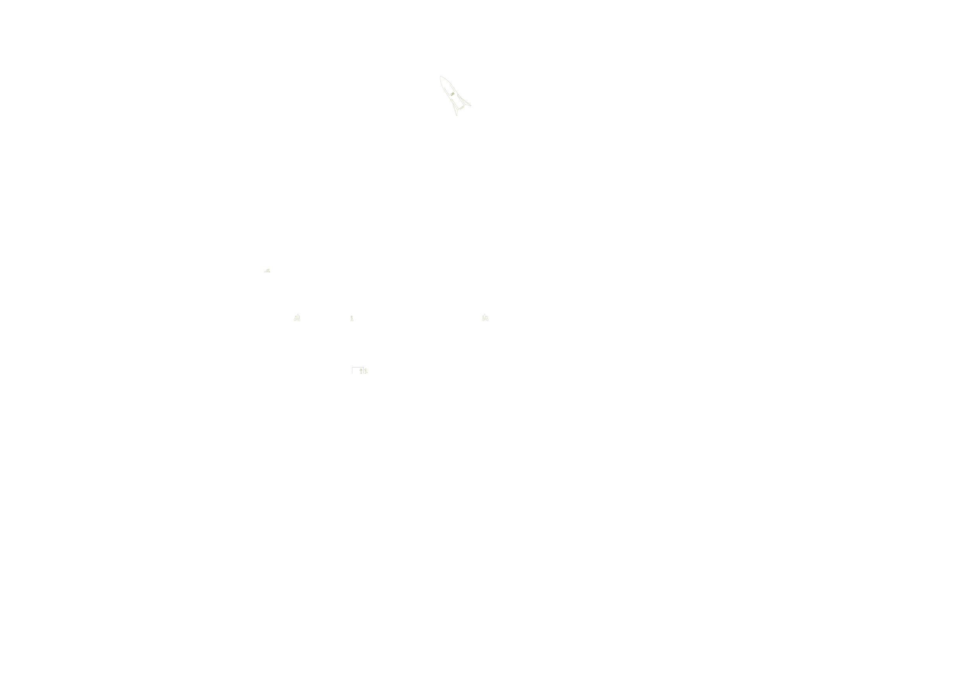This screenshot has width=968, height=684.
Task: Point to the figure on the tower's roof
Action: (x=267, y=270)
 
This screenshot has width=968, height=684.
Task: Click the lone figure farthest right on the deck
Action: (x=485, y=317)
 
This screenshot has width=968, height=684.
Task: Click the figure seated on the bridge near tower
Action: (x=297, y=318)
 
